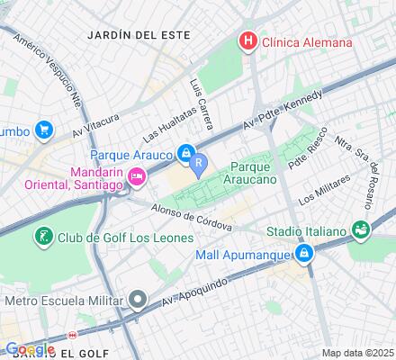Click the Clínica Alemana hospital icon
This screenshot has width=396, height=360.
[245, 41]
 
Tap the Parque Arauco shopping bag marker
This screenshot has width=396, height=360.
[185, 154]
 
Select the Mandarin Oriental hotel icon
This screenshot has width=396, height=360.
[137, 177]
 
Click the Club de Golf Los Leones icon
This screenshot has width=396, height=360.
[42, 237]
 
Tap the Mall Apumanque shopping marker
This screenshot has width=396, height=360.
[305, 255]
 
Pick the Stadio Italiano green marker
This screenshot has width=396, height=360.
[361, 230]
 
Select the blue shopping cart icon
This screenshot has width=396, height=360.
[42, 131]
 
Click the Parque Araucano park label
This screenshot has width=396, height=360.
[257, 174]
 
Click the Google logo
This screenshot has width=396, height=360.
[30, 349]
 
